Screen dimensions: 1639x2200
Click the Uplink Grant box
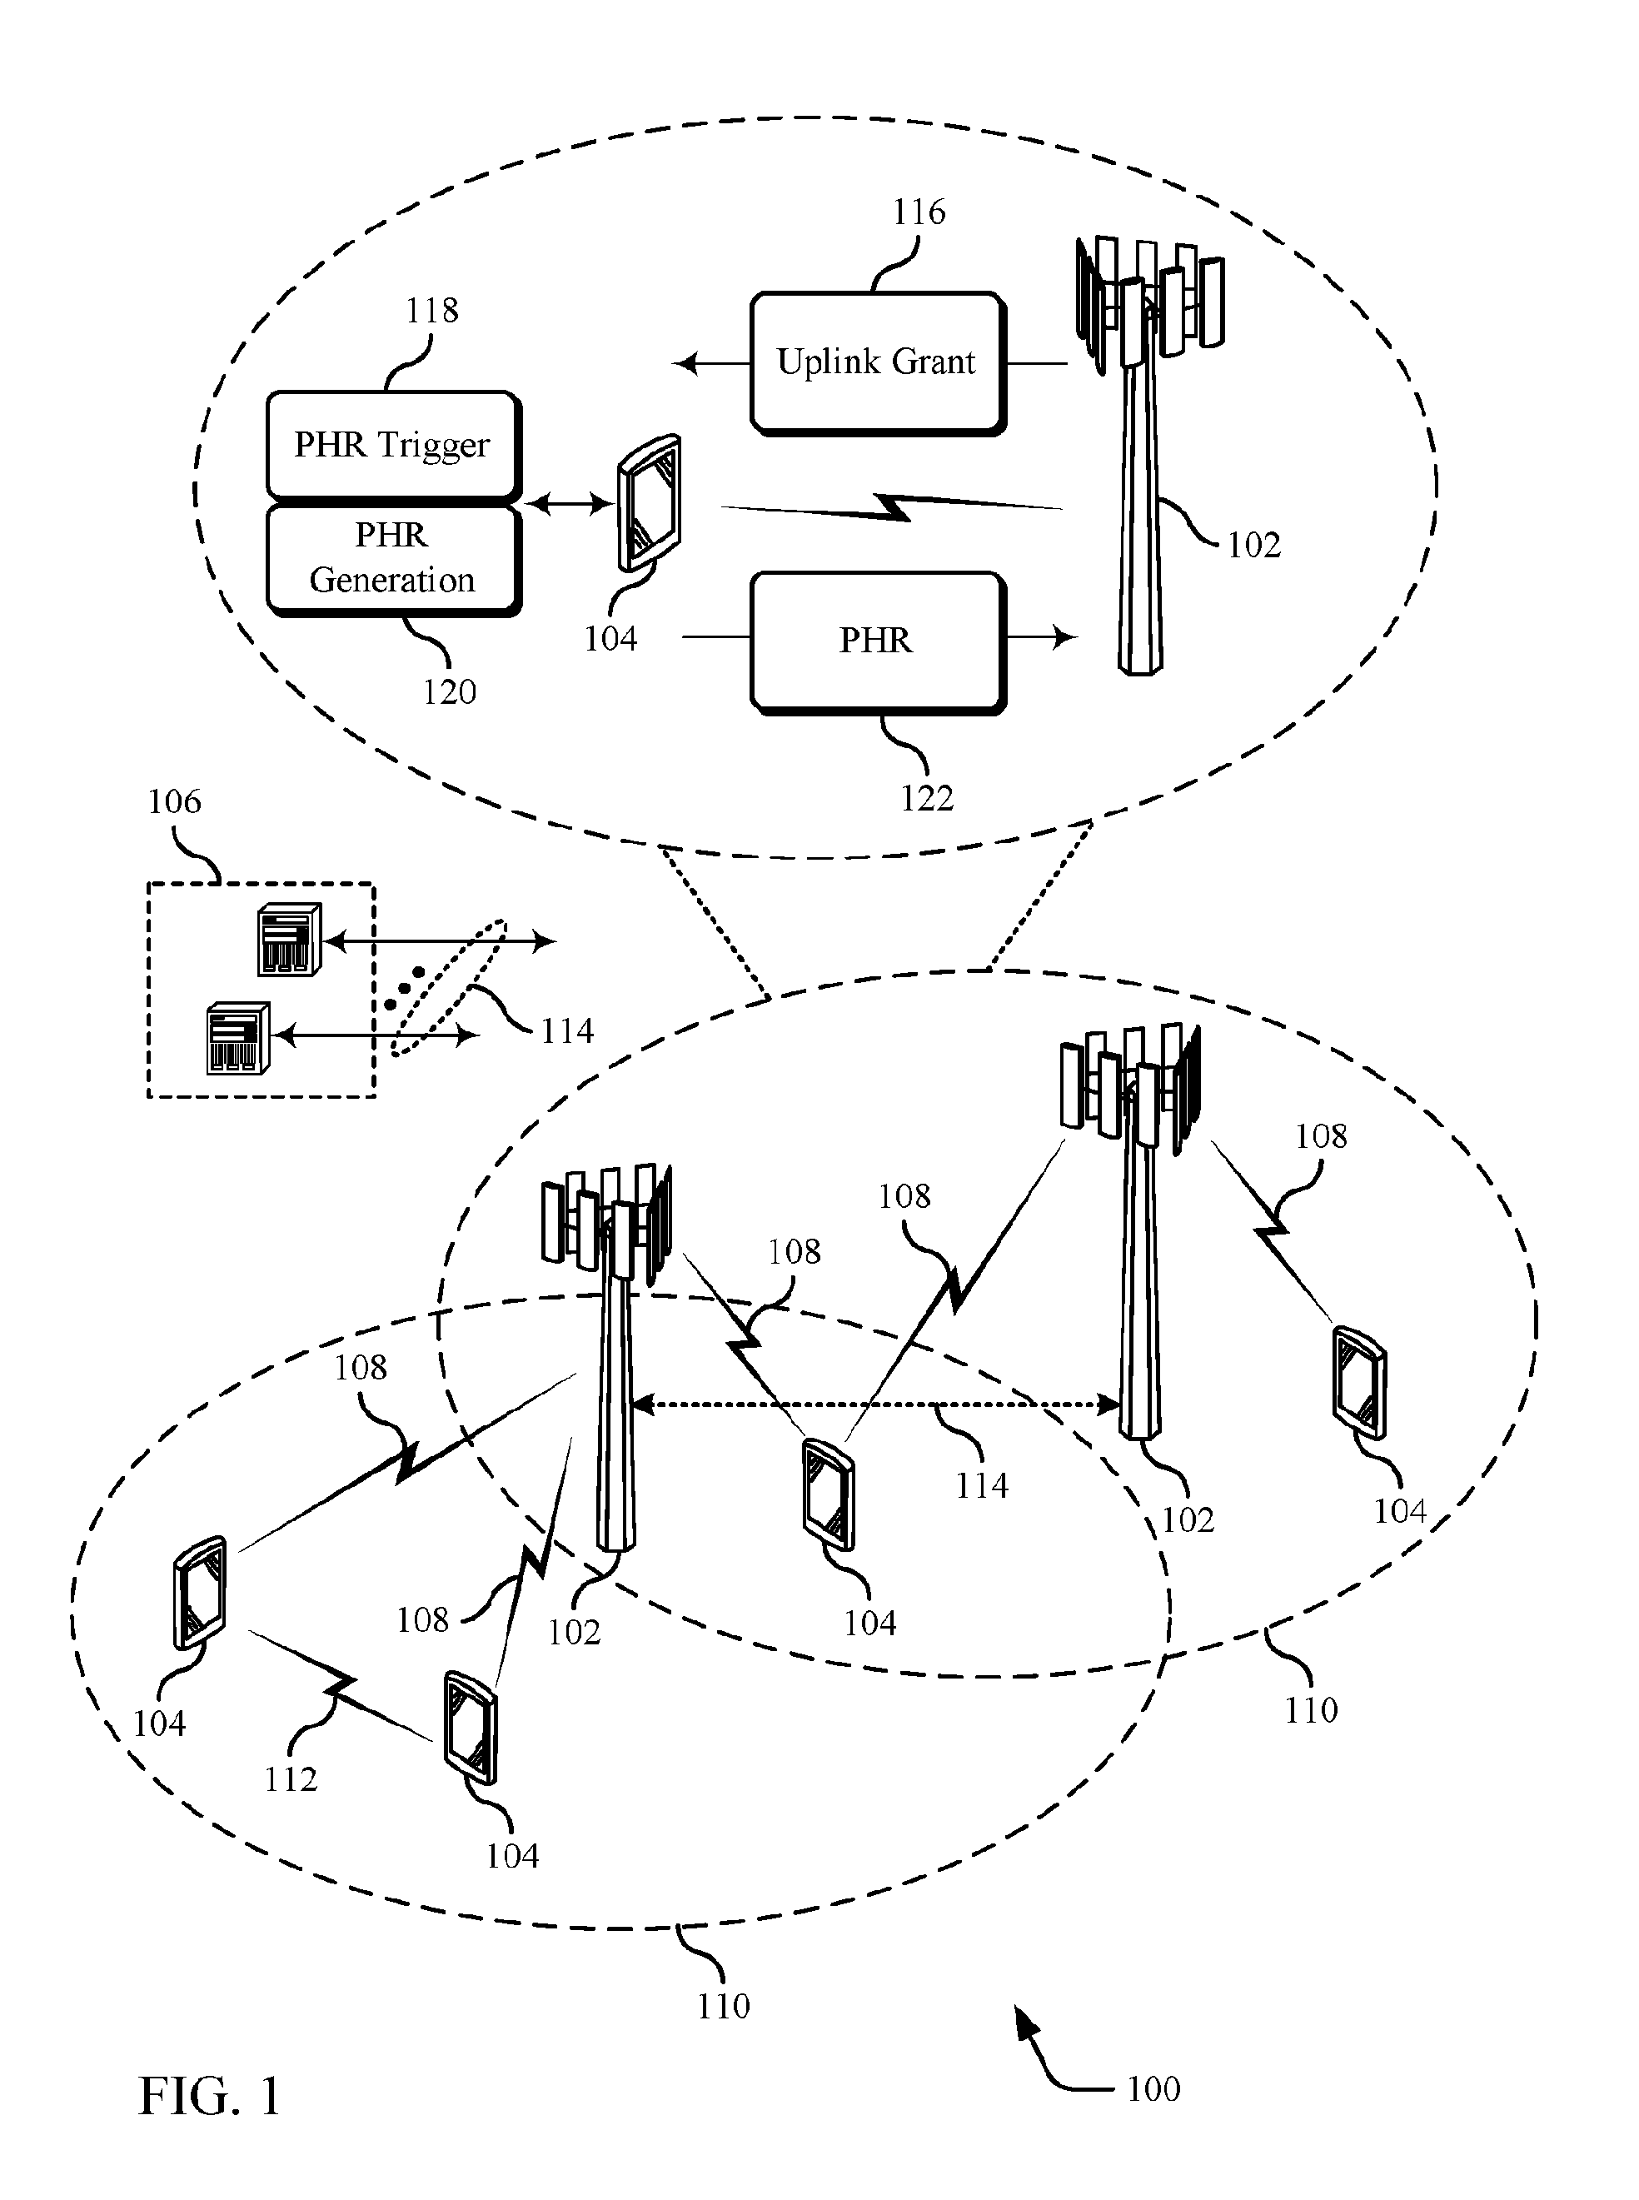[878, 363]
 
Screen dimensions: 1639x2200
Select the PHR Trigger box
[393, 445]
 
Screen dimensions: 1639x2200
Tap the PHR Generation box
[393, 560]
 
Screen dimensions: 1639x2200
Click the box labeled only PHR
[878, 642]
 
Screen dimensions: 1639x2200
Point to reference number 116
[919, 212]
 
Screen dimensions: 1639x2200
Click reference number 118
[431, 311]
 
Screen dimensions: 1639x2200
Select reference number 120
[450, 691]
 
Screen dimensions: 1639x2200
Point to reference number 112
[291, 1779]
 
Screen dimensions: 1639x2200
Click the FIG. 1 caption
[209, 2097]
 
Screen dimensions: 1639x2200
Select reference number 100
[1153, 2089]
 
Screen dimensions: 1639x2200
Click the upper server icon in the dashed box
[289, 939]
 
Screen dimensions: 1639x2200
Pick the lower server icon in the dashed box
[238, 1038]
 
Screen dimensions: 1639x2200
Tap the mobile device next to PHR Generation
[649, 503]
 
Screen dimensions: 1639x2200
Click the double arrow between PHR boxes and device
[569, 505]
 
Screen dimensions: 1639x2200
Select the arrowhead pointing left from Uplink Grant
[685, 364]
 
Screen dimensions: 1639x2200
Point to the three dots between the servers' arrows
[405, 988]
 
